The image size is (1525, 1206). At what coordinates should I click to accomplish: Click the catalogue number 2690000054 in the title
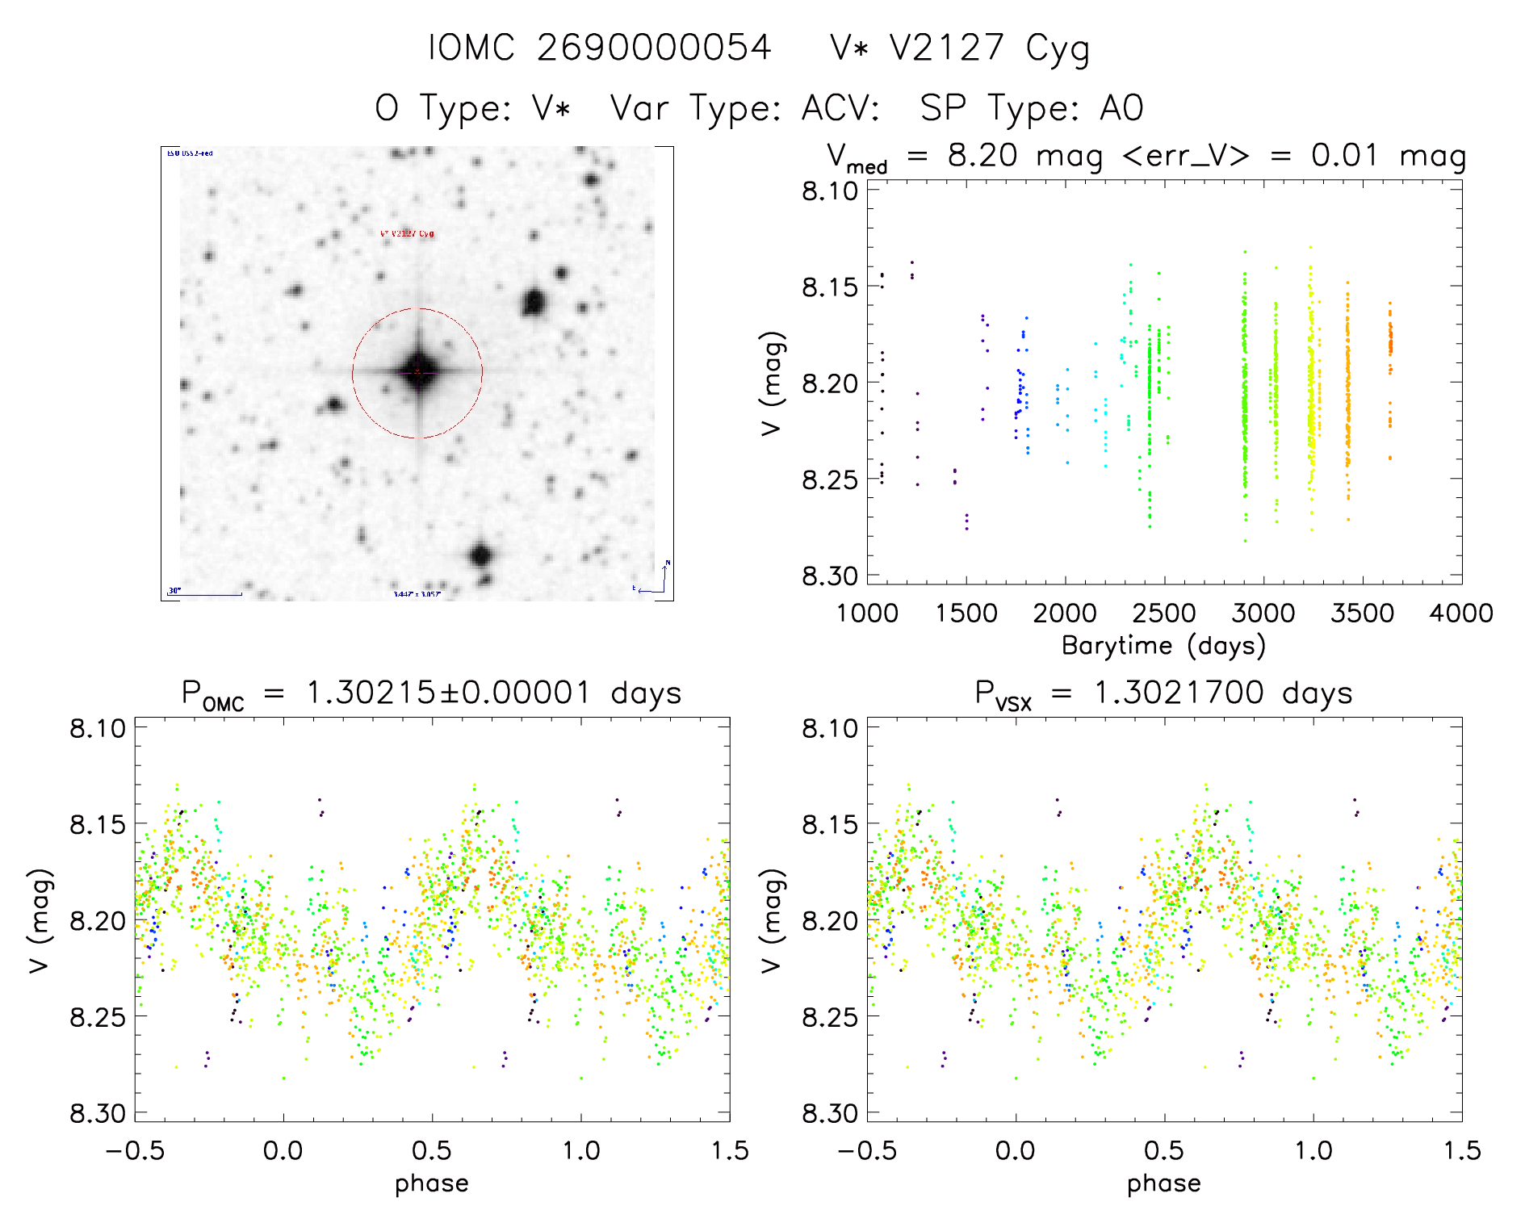point(654,48)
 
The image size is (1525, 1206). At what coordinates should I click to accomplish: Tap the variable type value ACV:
point(840,108)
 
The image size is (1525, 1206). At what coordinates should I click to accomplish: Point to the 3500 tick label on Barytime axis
point(1362,613)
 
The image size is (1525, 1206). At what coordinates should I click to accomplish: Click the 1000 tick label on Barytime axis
point(867,613)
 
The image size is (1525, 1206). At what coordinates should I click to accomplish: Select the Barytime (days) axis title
point(1163,646)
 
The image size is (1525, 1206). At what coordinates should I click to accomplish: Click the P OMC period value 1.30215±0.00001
point(448,693)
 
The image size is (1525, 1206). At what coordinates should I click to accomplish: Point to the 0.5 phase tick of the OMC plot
point(432,1150)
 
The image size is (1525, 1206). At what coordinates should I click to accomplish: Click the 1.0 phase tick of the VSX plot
point(1313,1150)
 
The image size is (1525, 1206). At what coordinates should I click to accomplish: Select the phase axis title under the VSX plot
point(1163,1183)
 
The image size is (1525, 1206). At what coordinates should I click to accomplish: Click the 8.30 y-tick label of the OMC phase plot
point(98,1114)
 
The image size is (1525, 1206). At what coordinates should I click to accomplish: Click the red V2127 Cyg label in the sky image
point(407,233)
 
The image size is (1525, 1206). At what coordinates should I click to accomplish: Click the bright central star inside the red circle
point(417,372)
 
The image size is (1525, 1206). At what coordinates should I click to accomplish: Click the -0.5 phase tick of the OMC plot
point(135,1150)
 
